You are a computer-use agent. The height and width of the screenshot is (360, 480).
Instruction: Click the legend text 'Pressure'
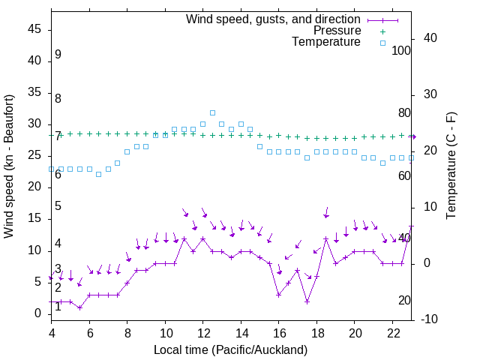tap(337, 31)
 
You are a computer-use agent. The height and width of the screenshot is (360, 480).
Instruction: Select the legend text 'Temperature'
tap(326, 42)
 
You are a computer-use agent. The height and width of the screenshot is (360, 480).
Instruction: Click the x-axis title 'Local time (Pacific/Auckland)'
tap(230, 349)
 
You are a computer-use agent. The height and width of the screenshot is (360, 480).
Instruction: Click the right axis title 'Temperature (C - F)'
tap(451, 166)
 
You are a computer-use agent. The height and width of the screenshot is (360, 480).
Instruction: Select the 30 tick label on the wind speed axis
tap(34, 124)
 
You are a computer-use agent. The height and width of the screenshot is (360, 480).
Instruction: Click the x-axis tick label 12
tap(202, 333)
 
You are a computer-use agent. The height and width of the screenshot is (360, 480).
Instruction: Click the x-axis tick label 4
tap(52, 333)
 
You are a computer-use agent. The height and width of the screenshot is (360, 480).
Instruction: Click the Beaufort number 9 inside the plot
tap(58, 55)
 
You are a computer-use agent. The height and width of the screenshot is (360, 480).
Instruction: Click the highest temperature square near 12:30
tap(212, 112)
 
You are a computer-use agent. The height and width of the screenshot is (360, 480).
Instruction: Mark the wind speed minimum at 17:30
tap(307, 301)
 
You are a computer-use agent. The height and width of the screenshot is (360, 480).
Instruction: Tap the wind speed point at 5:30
tap(79, 307)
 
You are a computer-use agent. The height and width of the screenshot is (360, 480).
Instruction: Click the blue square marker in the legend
tap(382, 43)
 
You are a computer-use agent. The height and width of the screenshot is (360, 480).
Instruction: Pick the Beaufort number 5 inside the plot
tap(58, 206)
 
